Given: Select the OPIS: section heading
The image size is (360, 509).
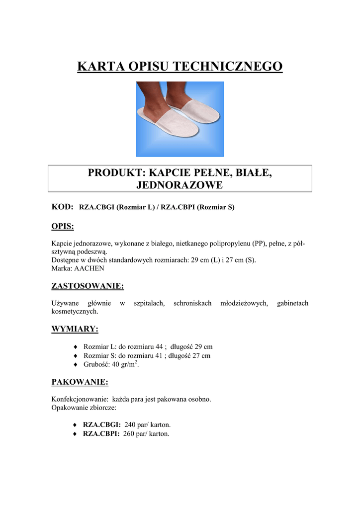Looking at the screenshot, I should tap(63, 227).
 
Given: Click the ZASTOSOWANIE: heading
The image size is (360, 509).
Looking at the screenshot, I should tap(88, 286).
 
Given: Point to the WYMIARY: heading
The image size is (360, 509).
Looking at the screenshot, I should tap(75, 329).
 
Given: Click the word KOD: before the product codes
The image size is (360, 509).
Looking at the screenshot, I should tap(63, 207).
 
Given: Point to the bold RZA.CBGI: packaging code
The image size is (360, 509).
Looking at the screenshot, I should tap(102, 425).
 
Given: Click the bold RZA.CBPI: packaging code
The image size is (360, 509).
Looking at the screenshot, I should tap(101, 434).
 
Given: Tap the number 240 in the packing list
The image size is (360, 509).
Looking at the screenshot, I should tap(130, 425).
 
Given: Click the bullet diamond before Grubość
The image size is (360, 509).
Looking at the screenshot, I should tap(75, 365).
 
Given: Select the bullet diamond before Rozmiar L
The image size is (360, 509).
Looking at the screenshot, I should tap(75, 346).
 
